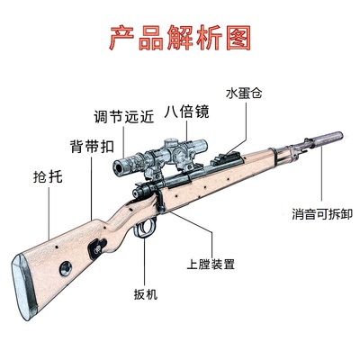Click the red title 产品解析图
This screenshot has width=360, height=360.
tap(180, 39)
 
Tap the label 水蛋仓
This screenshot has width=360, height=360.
tap(244, 94)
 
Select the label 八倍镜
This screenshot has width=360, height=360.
tap(186, 112)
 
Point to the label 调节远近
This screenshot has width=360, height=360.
tap(124, 116)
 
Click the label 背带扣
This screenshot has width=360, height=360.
tap(92, 147)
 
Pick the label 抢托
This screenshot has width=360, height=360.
tap(48, 176)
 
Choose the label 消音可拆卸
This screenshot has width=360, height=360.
tap(322, 214)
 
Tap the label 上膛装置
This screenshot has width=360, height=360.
tap(211, 264)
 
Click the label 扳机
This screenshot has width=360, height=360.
tap(146, 294)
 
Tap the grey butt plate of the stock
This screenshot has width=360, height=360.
tap(24, 287)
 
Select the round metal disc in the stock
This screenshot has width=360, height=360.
tap(66, 268)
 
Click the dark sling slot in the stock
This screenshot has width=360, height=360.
tap(96, 248)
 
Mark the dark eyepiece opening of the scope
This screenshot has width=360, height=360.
tap(119, 167)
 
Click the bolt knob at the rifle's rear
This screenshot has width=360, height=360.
tap(137, 193)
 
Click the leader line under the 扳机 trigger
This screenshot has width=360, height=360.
tap(145, 262)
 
